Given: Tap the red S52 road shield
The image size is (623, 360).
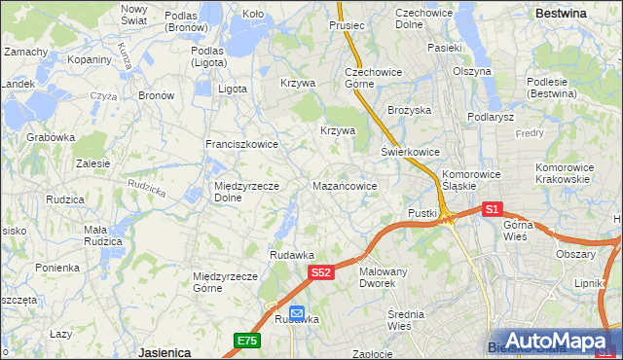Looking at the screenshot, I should [322, 274].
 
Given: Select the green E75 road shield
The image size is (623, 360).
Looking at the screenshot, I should [246, 340].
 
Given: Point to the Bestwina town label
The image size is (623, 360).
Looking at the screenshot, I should [561, 14].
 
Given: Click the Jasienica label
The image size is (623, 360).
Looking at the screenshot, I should [164, 351].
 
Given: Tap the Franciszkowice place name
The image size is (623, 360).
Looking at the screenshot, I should [241, 144].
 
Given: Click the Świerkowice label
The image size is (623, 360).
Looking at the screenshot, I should [410, 153].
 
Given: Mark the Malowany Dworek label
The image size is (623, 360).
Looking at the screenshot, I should [383, 277].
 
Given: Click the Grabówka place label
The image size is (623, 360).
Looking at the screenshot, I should [51, 137].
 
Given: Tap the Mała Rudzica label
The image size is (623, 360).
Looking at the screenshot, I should [102, 235].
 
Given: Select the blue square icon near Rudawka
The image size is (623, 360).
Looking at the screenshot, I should [296, 315].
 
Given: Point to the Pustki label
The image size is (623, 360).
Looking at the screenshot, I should [421, 212].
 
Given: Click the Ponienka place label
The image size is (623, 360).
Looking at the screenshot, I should [57, 267].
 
